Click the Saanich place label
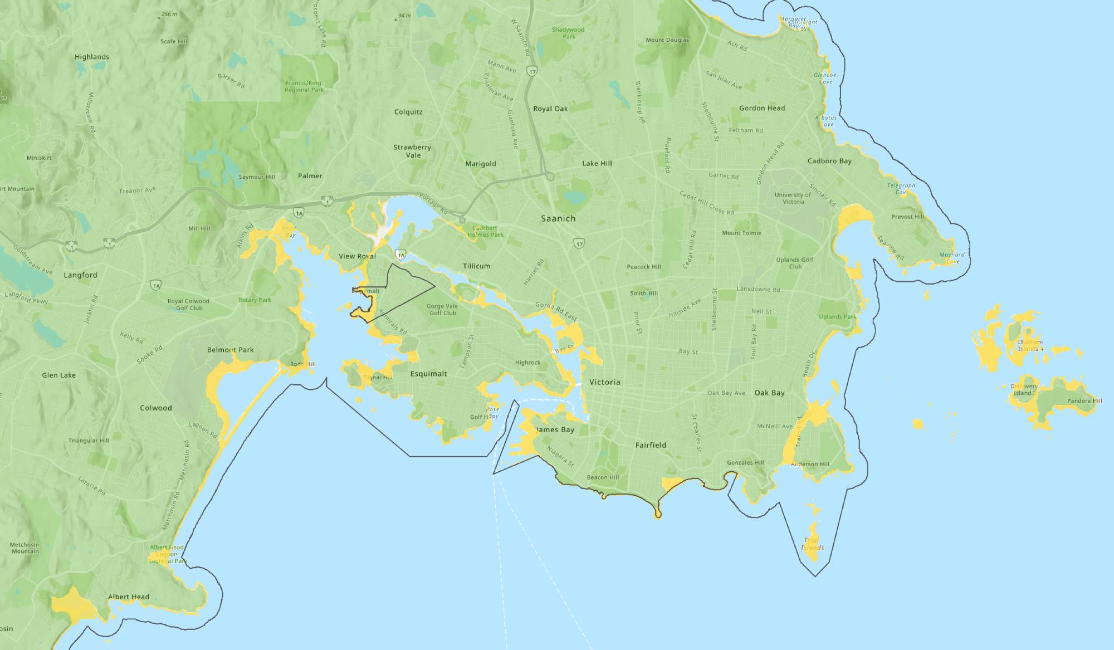558,219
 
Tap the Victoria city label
604,382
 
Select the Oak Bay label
769,393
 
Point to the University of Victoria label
793,198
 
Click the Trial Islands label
812,544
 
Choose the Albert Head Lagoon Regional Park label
167,554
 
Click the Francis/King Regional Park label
304,86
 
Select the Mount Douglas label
667,40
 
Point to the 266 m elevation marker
168,14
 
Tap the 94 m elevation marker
403,16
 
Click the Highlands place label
92,57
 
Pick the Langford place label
80,275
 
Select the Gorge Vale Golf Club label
442,309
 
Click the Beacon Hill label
603,477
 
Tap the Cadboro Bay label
829,161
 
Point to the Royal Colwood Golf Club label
188,304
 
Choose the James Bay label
555,429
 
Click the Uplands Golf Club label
795,263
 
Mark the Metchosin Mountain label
25,548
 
